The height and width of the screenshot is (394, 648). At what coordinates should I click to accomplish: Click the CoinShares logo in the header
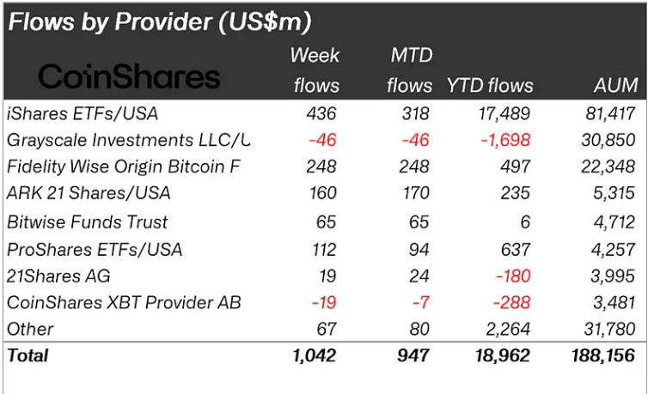(x=130, y=77)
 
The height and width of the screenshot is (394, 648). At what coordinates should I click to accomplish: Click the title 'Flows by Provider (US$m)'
(x=160, y=21)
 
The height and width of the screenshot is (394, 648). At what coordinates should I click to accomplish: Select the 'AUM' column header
(x=615, y=85)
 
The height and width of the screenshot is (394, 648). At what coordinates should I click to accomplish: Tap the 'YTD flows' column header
(x=489, y=85)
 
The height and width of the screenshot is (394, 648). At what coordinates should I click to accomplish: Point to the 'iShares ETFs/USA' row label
(x=82, y=113)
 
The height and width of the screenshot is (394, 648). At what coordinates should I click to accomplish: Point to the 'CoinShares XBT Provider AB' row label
(x=124, y=303)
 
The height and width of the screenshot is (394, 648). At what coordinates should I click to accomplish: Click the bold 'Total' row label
(x=28, y=355)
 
